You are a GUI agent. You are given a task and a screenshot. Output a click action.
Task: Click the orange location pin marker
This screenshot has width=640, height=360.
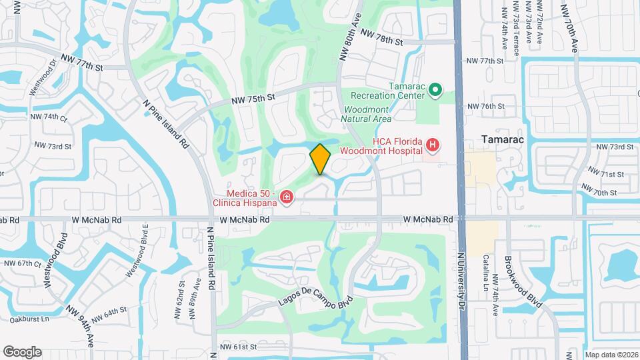click(x=321, y=159)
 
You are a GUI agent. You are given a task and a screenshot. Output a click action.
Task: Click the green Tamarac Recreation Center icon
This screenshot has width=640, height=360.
click(x=435, y=89)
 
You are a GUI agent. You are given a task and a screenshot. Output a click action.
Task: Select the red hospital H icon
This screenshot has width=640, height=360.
click(x=433, y=145)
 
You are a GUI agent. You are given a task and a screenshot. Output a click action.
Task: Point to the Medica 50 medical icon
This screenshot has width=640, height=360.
click(x=287, y=197)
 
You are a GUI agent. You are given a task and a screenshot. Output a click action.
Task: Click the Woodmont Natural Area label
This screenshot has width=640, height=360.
click(x=365, y=114)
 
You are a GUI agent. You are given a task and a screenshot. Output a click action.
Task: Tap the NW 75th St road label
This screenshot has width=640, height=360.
click(x=253, y=99)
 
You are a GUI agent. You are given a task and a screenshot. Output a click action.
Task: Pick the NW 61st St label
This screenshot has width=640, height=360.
click(x=238, y=347)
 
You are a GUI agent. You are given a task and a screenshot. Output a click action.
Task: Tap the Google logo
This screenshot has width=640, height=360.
click(x=22, y=352)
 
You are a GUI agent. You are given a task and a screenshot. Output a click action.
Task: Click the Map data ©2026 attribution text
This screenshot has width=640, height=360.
click(x=610, y=355)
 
